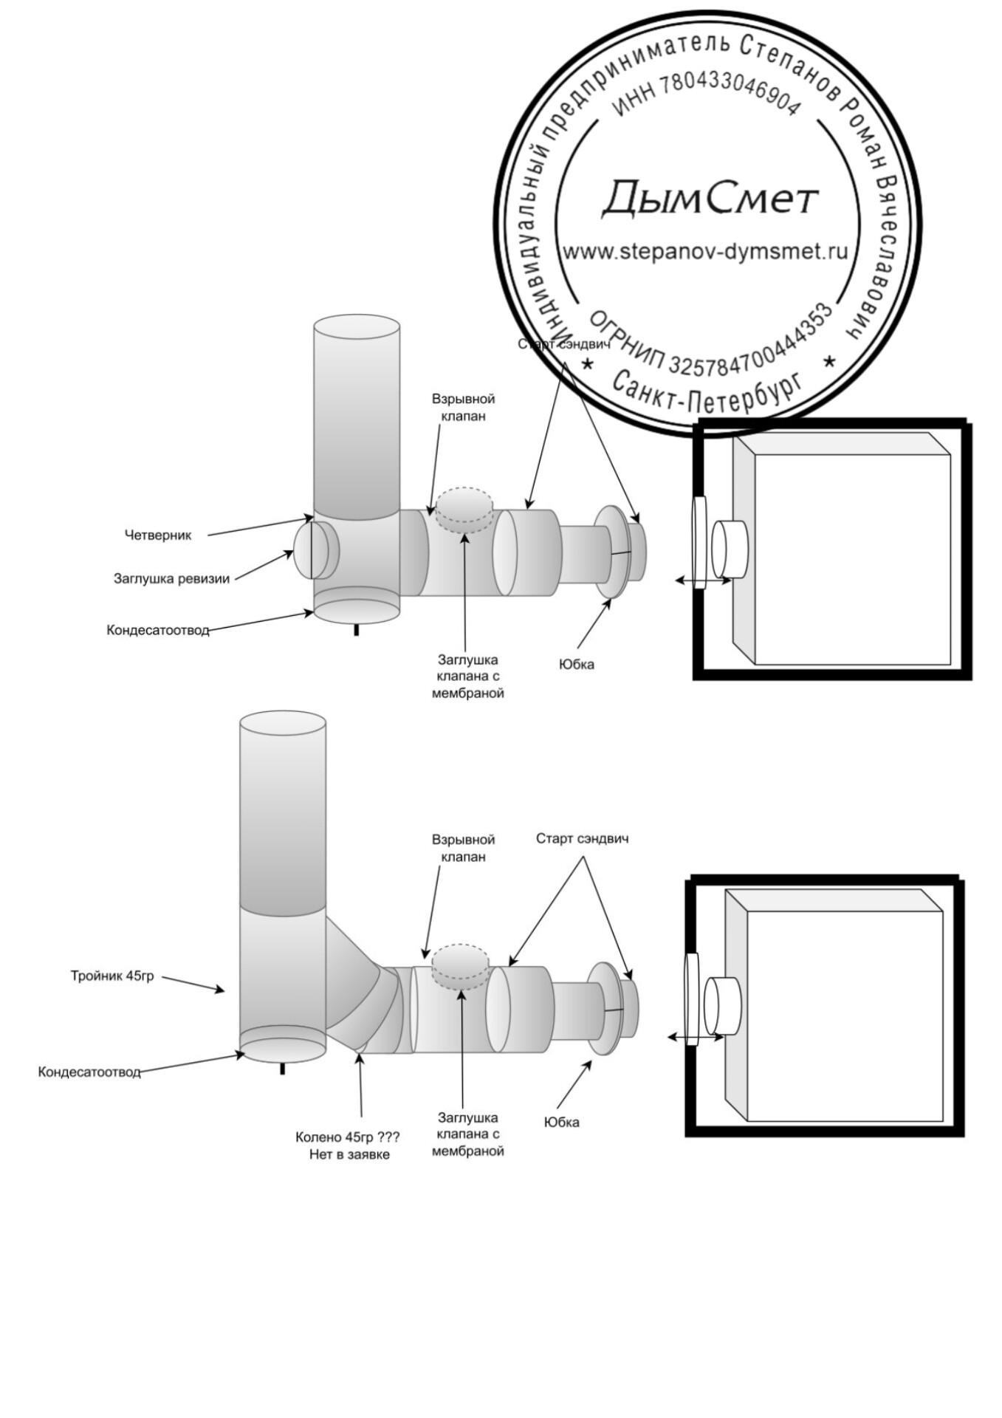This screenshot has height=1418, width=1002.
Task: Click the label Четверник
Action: click(157, 535)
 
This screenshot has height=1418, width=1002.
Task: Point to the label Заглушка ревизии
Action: click(171, 579)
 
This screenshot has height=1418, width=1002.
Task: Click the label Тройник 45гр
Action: click(112, 976)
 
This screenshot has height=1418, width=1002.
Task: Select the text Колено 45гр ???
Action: click(347, 1138)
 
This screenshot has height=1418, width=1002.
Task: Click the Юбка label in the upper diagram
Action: click(577, 665)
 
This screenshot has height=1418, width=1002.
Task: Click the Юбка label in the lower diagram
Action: click(562, 1123)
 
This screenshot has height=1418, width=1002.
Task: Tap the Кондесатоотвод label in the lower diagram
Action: click(89, 1072)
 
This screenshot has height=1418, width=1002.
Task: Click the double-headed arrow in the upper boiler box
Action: click(703, 581)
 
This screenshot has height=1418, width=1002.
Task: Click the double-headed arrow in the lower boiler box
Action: click(696, 1038)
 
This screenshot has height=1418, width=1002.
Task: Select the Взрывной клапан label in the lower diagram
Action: click(463, 849)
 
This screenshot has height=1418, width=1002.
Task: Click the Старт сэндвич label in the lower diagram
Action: click(582, 839)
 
